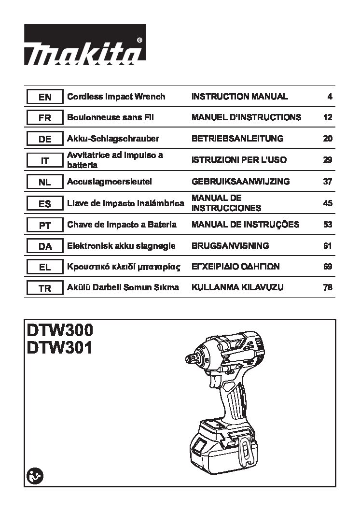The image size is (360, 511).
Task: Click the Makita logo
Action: [x=85, y=44]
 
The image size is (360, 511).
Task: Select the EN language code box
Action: [x=45, y=97]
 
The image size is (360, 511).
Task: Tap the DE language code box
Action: [x=45, y=139]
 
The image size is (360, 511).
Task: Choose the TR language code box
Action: [x=45, y=288]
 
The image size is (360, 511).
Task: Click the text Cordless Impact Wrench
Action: [x=116, y=97]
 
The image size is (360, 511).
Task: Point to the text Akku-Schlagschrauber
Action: [x=113, y=139]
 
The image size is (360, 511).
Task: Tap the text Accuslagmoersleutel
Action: [x=110, y=182]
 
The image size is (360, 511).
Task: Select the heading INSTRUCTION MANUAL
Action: [x=239, y=97]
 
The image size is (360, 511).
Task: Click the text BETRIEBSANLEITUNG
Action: [x=237, y=139]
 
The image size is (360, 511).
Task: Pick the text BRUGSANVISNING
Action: [x=230, y=246]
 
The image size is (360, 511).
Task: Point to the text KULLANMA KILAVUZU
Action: [x=237, y=287]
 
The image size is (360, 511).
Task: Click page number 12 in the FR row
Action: [x=328, y=117]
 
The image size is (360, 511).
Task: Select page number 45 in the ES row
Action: [x=328, y=203]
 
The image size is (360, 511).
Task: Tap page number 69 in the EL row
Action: [x=328, y=267]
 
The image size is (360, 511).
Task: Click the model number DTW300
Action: [x=60, y=330]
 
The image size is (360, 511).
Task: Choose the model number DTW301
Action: [x=59, y=347]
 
